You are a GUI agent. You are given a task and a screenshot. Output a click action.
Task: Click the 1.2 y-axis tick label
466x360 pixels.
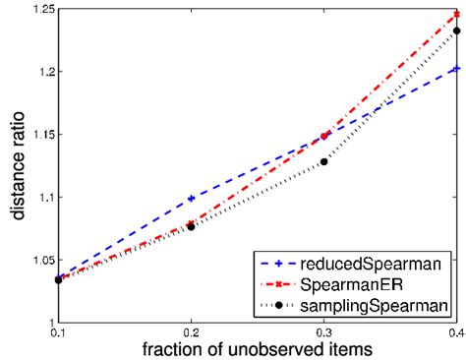[43, 72]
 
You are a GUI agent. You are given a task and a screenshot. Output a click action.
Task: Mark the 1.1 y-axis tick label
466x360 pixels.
[43, 197]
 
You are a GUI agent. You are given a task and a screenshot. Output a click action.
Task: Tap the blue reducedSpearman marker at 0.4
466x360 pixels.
[455, 69]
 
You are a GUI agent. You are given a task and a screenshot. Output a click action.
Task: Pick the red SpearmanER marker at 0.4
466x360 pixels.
[455, 15]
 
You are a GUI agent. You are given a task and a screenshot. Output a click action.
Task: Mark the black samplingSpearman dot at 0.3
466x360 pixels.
[323, 161]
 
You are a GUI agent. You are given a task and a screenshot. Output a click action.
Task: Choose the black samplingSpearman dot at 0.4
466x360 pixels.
[455, 31]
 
